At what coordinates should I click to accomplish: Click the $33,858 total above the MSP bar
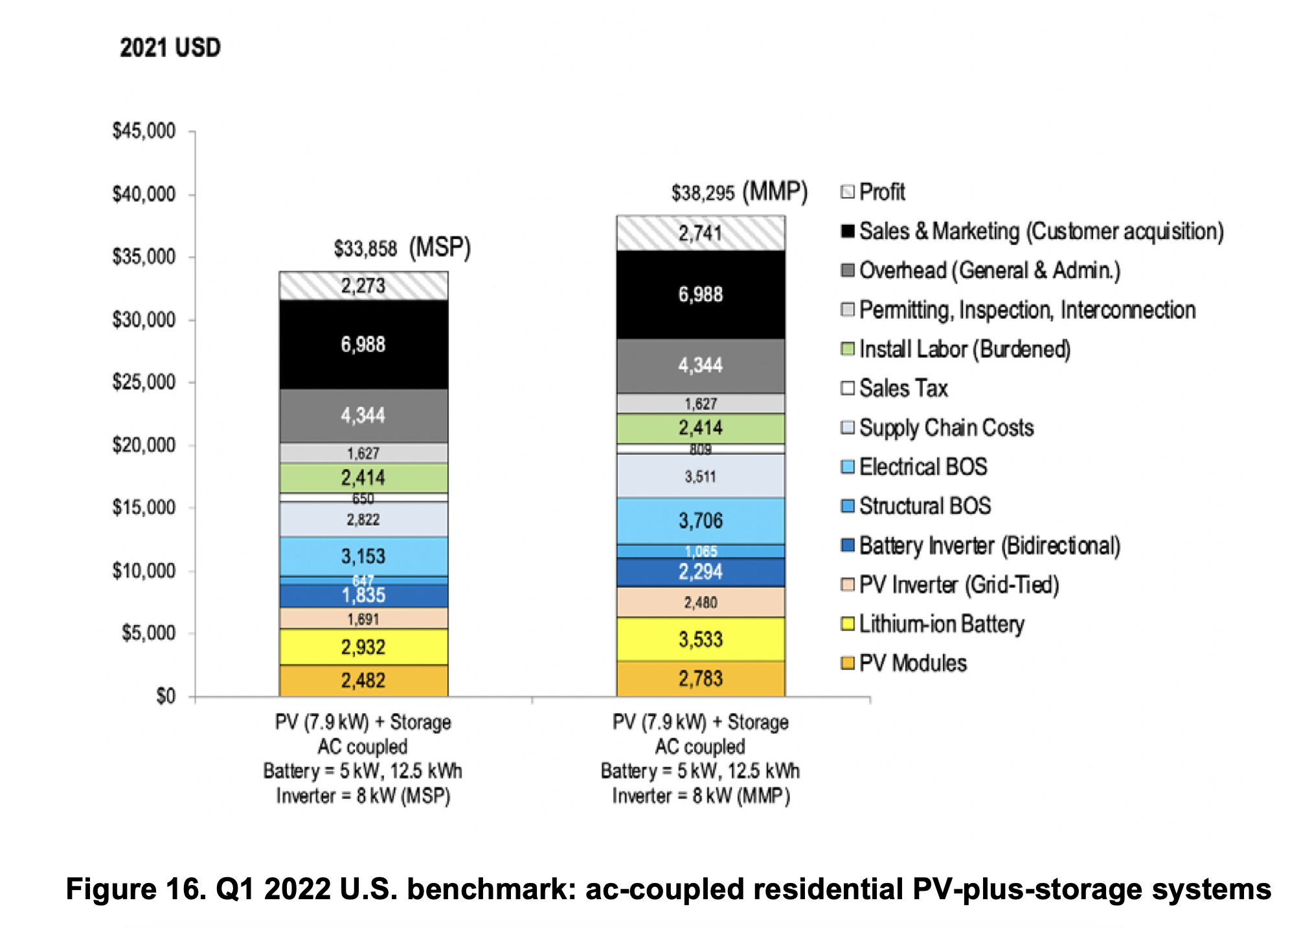tap(365, 248)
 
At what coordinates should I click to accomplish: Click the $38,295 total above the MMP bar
tap(703, 192)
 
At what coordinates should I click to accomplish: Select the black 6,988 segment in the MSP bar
tap(363, 344)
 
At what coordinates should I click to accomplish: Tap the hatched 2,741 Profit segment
tap(700, 233)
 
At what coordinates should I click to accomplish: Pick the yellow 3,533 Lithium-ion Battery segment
tap(700, 639)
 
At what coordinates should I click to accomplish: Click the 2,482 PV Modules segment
tap(363, 680)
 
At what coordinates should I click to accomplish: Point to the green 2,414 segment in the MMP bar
tap(700, 428)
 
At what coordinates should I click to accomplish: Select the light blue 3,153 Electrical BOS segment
tap(363, 556)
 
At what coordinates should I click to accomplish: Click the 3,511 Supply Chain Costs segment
tap(700, 477)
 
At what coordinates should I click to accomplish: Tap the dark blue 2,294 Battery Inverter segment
tap(700, 572)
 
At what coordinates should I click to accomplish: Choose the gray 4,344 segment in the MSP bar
tap(363, 415)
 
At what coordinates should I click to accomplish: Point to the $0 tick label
tap(166, 696)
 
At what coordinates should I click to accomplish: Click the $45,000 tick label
tap(144, 131)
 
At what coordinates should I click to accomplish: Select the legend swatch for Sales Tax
tap(847, 388)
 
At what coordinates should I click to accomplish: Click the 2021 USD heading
tap(170, 48)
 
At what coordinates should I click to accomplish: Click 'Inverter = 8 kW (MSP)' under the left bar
tap(363, 796)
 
